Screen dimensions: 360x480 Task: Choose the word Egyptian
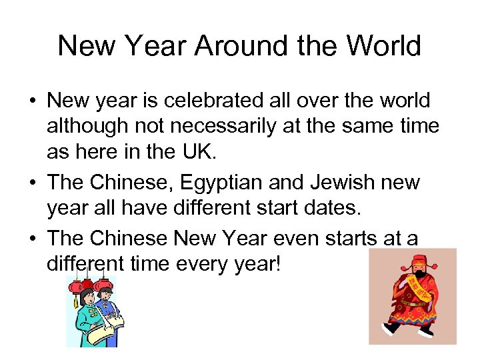coord(207,183)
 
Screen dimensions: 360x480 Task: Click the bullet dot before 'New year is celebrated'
coord(32,102)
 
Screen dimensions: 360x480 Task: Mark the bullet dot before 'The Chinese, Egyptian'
coord(32,183)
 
